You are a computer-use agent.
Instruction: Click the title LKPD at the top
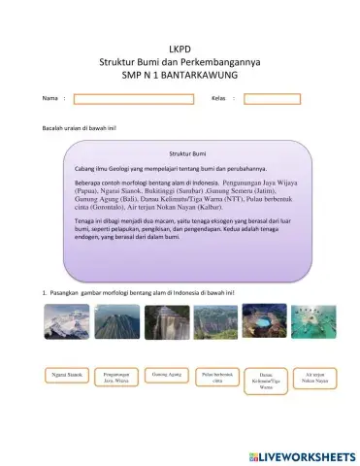click(x=180, y=48)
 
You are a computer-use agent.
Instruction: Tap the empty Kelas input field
click(x=272, y=98)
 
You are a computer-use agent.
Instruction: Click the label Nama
click(x=49, y=99)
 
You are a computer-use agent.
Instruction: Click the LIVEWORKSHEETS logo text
click(x=302, y=453)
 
